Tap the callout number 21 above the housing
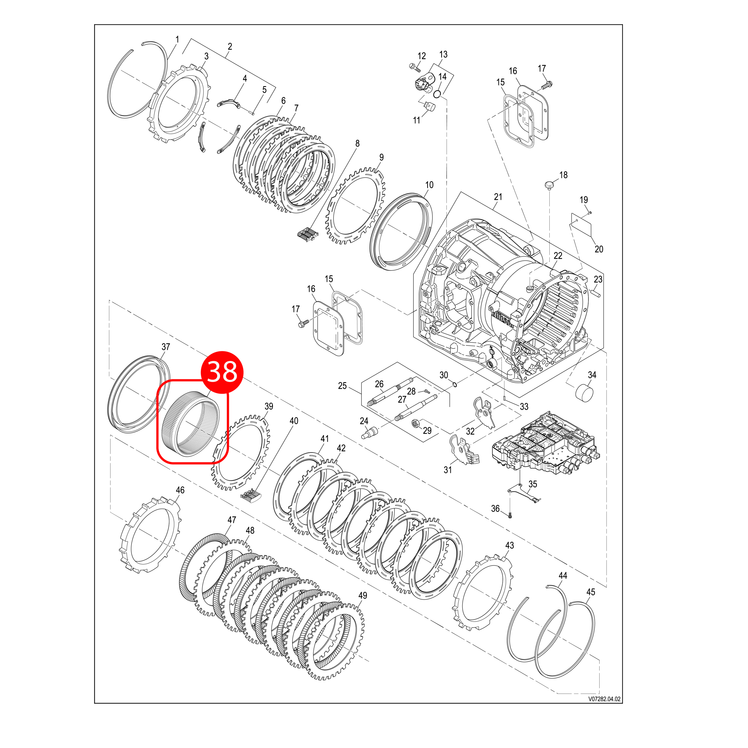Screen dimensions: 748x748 [498, 197]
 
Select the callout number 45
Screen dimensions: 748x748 [591, 592]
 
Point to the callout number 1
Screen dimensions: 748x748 [177, 39]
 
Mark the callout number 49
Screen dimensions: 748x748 [362, 595]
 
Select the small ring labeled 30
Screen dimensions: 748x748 [455, 384]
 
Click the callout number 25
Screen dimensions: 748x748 [342, 386]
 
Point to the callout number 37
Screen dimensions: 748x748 [166, 347]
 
